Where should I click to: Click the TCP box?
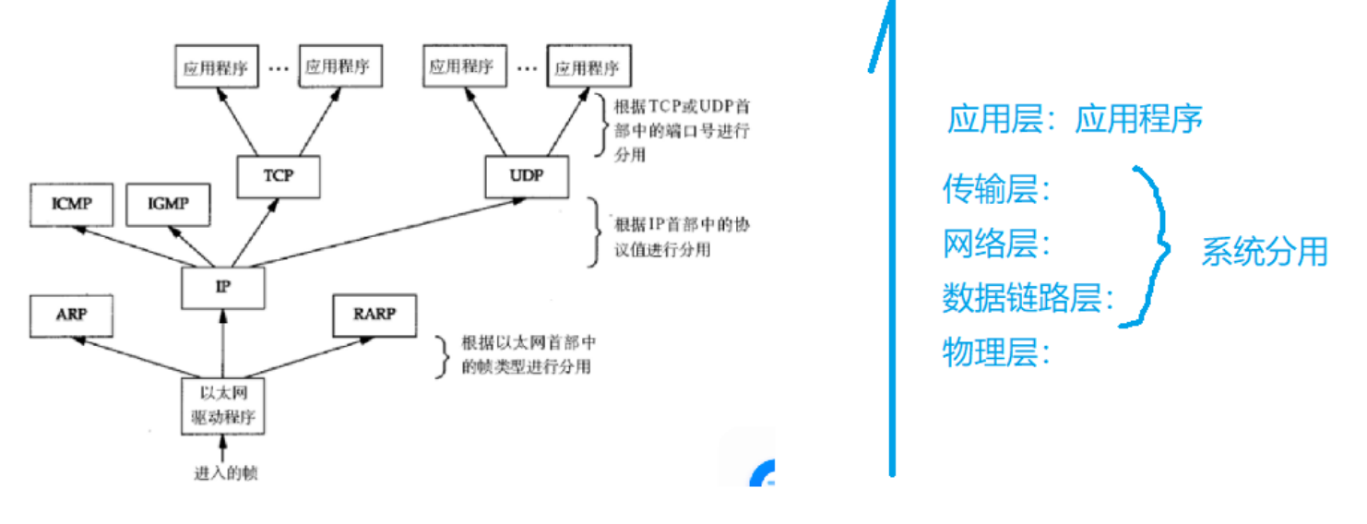pyautogui.click(x=278, y=176)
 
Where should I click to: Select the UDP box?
pyautogui.click(x=527, y=175)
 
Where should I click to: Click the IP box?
pyautogui.click(x=223, y=288)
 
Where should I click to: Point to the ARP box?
pyautogui.click(x=71, y=316)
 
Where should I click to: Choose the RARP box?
pyautogui.click(x=374, y=316)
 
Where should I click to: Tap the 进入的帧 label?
pyautogui.click(x=225, y=473)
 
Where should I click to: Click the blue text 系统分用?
pyautogui.click(x=1263, y=251)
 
